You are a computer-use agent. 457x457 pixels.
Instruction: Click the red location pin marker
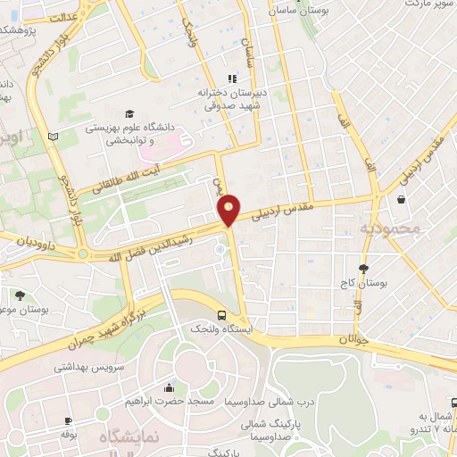(x=229, y=209)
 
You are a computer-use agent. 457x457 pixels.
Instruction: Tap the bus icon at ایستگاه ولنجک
(x=221, y=315)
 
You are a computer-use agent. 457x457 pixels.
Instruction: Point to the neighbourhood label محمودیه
(x=388, y=230)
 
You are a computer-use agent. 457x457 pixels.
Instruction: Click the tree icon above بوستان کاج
(x=364, y=269)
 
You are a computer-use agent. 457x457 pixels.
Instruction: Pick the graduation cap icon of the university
(x=131, y=114)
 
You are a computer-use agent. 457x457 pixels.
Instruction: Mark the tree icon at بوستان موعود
(x=20, y=295)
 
